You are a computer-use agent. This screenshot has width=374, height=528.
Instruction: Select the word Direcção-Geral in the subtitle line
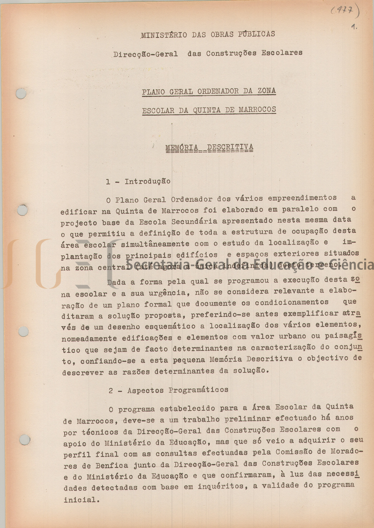point(146,54)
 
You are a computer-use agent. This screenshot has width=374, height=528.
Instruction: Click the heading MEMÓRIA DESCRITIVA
point(209,148)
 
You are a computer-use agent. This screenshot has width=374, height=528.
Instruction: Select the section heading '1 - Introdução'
point(138,182)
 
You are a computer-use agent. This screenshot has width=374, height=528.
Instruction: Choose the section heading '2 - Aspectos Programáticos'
point(168,390)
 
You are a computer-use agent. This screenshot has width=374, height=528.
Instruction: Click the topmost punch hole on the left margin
point(21,94)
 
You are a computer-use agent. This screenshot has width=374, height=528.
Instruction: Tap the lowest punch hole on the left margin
point(25,440)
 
